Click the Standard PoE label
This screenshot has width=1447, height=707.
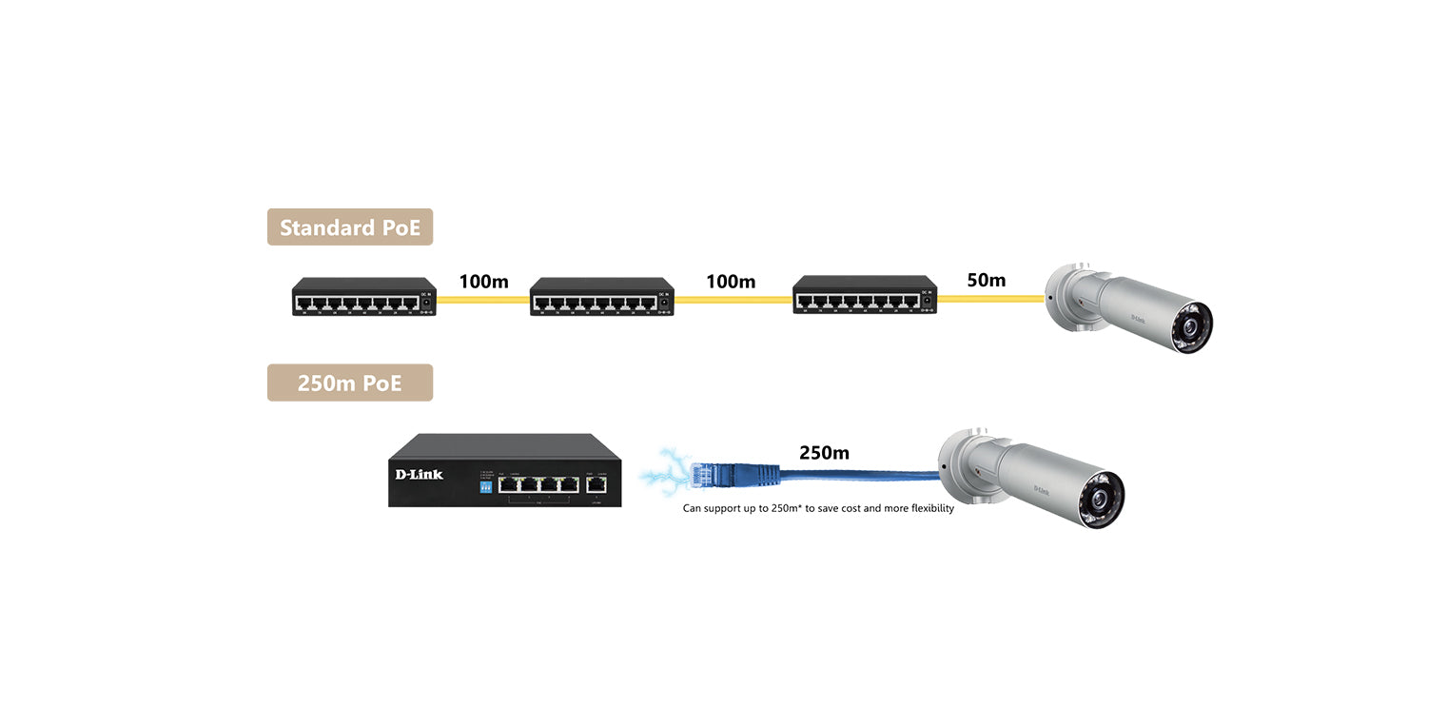[349, 227]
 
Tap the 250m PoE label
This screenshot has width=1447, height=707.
[349, 383]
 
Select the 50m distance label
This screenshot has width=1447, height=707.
[986, 280]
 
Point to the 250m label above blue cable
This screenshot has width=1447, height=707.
[824, 453]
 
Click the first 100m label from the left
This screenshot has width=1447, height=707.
[483, 282]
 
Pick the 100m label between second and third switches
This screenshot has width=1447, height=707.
[731, 282]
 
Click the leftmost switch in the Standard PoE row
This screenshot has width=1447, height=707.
[363, 297]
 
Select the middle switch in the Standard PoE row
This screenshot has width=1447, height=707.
[601, 297]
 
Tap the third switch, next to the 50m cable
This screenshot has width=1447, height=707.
[865, 295]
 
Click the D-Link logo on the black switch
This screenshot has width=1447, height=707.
[419, 475]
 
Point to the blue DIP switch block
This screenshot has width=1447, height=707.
[485, 486]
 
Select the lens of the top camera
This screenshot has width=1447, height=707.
[1190, 328]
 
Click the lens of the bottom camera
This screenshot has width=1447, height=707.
[1103, 497]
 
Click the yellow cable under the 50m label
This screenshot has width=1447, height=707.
[990, 299]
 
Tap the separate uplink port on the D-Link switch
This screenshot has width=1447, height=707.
[596, 483]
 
